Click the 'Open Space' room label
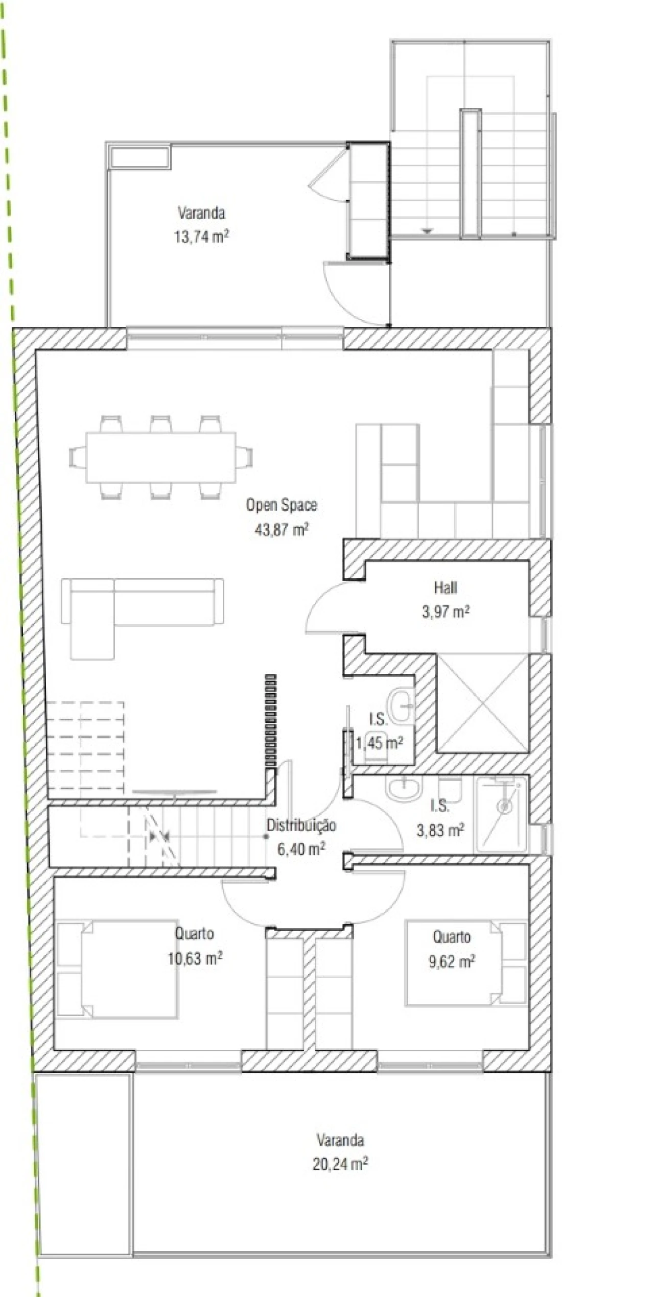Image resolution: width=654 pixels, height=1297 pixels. click(x=282, y=505)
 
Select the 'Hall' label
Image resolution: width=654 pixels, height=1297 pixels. click(x=445, y=587)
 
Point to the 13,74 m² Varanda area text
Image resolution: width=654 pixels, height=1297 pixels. click(x=201, y=237)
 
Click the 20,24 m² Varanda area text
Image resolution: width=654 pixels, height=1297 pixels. click(x=340, y=1164)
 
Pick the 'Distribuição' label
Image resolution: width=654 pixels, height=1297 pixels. click(x=301, y=825)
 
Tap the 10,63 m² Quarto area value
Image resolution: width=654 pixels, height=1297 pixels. click(x=195, y=958)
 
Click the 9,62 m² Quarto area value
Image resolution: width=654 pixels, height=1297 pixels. click(x=452, y=961)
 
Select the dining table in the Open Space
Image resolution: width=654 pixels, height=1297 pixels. click(x=161, y=457)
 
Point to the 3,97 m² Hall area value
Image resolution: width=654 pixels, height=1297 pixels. click(x=446, y=611)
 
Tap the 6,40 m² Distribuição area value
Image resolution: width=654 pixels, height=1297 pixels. click(x=301, y=850)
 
